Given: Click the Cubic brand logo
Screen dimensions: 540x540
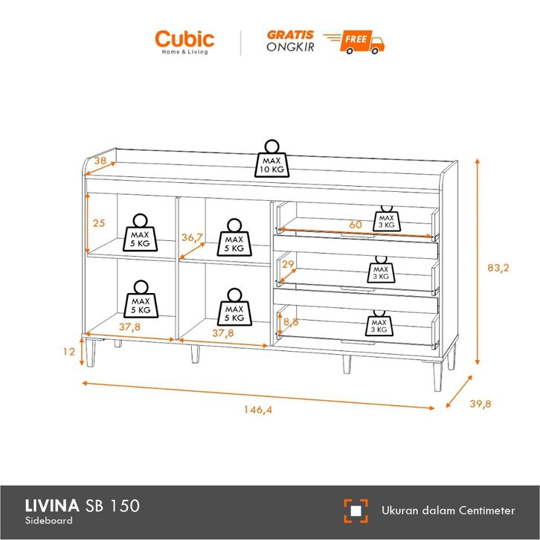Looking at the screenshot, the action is click(x=184, y=42).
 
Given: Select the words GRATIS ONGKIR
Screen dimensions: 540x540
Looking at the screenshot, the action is click(x=290, y=41).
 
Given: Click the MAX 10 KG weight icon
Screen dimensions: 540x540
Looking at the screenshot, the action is click(x=271, y=158).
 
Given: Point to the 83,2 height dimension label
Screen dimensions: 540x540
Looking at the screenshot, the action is click(x=498, y=268).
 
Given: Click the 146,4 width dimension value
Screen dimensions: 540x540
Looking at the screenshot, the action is click(x=258, y=410).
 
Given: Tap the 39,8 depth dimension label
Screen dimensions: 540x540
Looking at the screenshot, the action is click(x=480, y=404).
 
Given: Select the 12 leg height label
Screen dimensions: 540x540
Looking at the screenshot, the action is click(x=69, y=352).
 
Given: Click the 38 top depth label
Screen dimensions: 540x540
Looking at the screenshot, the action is click(x=100, y=161).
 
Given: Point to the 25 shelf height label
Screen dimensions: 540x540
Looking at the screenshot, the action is click(x=99, y=223).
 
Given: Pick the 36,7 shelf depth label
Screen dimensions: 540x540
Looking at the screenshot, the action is click(x=192, y=237).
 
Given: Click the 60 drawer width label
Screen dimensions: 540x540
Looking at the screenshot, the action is click(x=356, y=225).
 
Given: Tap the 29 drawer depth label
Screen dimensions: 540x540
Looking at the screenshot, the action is click(x=288, y=265).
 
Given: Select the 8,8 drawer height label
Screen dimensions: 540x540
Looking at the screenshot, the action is click(x=291, y=322).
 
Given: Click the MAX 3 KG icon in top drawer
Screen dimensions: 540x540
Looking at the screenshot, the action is click(x=386, y=219).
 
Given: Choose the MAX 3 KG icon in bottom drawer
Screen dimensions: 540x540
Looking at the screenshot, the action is click(x=379, y=323).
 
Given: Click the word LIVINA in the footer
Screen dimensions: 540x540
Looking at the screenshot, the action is click(x=52, y=506).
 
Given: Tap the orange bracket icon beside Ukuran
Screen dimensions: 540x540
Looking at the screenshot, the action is click(x=356, y=511).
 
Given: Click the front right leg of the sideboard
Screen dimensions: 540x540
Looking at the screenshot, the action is click(x=437, y=376).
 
